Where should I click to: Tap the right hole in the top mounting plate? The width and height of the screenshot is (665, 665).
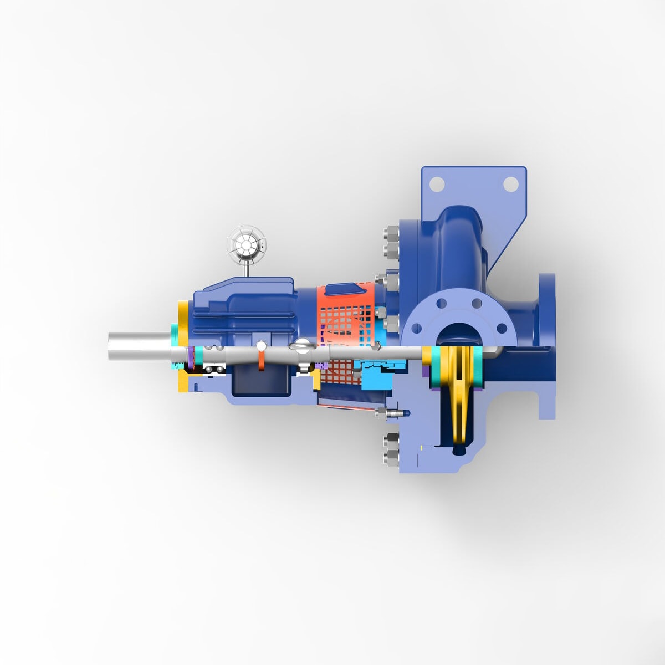point(510,183)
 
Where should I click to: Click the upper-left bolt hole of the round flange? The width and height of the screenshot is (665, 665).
point(441,303)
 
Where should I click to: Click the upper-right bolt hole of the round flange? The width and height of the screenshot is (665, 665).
point(475,303)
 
